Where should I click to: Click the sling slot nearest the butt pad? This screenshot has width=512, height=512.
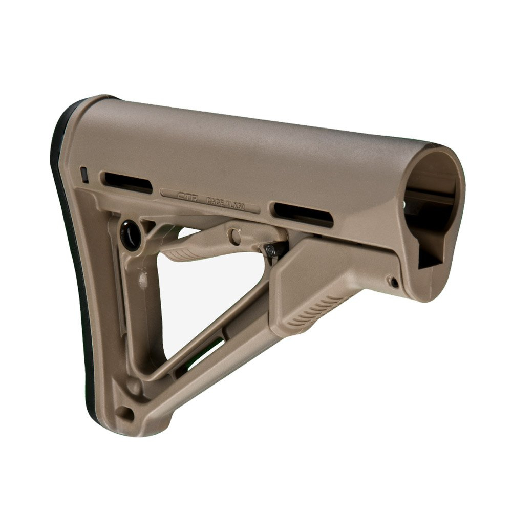(x=128, y=182)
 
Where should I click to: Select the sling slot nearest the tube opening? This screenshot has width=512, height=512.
(x=304, y=214)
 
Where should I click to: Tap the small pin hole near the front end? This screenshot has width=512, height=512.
(x=393, y=281)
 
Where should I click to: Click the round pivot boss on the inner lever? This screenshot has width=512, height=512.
(x=234, y=236)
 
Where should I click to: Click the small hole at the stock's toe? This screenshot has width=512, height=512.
(x=126, y=411)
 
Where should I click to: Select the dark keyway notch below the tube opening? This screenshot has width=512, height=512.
(x=429, y=256)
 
